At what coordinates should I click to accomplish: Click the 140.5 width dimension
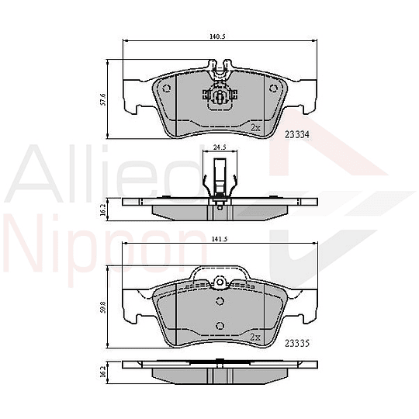point(216,36)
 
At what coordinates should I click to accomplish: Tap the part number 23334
point(299,133)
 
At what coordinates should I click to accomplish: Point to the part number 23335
point(299,341)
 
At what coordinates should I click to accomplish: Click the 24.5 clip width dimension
point(219,147)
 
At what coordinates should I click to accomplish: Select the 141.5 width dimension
point(218,240)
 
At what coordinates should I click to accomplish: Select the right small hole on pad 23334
point(272,88)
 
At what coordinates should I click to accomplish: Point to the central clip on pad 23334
point(219,96)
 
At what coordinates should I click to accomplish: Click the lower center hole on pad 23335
point(219,325)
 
